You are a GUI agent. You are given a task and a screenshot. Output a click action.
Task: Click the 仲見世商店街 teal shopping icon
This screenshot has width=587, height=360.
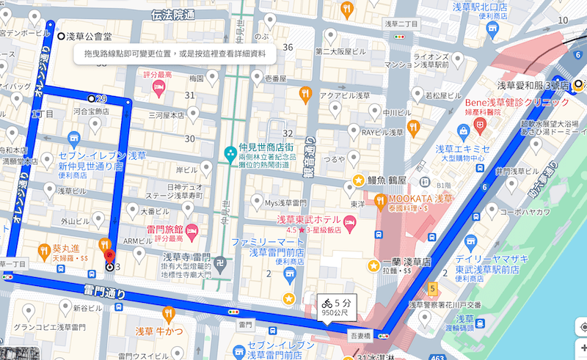(x=230, y=153)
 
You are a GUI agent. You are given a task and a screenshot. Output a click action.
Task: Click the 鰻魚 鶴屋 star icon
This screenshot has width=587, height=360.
(x=358, y=180)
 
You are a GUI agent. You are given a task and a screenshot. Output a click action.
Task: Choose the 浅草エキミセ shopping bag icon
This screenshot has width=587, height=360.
(x=463, y=131)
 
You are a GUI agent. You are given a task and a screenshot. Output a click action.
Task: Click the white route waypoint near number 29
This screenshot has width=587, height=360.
(x=91, y=98)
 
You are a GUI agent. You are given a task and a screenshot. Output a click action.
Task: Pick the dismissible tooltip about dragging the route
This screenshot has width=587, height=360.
(x=174, y=54)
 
